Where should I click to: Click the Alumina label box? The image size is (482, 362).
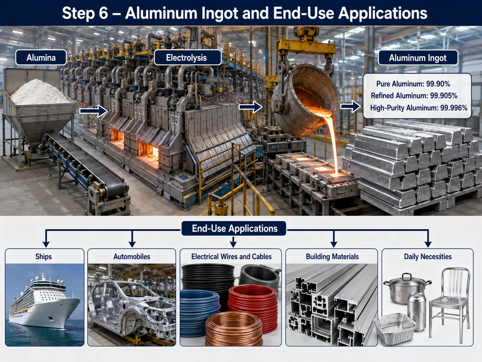[41, 58]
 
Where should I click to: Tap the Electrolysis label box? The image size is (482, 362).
[187, 58]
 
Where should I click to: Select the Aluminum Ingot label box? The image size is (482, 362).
[418, 58]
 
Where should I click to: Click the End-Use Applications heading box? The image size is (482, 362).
[234, 229]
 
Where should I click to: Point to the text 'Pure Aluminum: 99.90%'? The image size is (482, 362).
[413, 84]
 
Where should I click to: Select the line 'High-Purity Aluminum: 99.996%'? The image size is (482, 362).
[418, 108]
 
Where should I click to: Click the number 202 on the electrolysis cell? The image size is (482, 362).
[174, 120]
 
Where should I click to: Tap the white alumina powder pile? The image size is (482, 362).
[40, 92]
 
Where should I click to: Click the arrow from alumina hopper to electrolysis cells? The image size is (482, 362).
[94, 111]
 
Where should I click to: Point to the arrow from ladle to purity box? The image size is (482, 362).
[351, 107]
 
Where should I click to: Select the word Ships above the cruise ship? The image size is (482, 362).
[44, 256]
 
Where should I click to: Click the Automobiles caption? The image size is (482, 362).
[132, 256]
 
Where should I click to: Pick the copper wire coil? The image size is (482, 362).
[234, 330]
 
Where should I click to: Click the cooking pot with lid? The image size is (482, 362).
[407, 288]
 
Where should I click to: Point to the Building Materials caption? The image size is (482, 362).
[332, 256]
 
